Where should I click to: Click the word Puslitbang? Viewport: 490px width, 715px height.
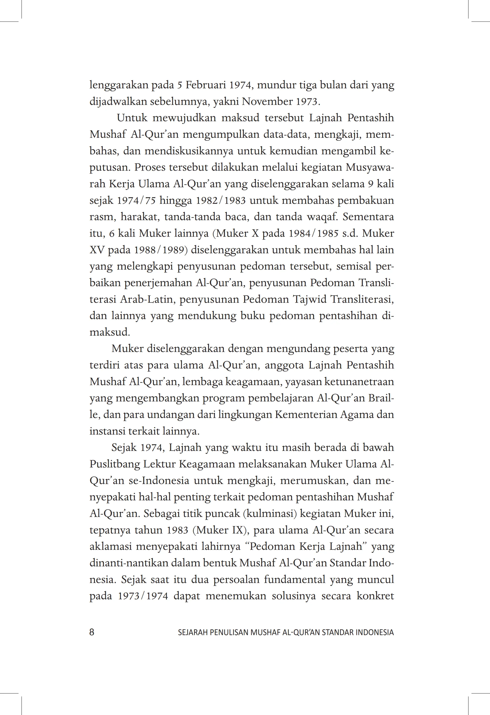tap(115, 464)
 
